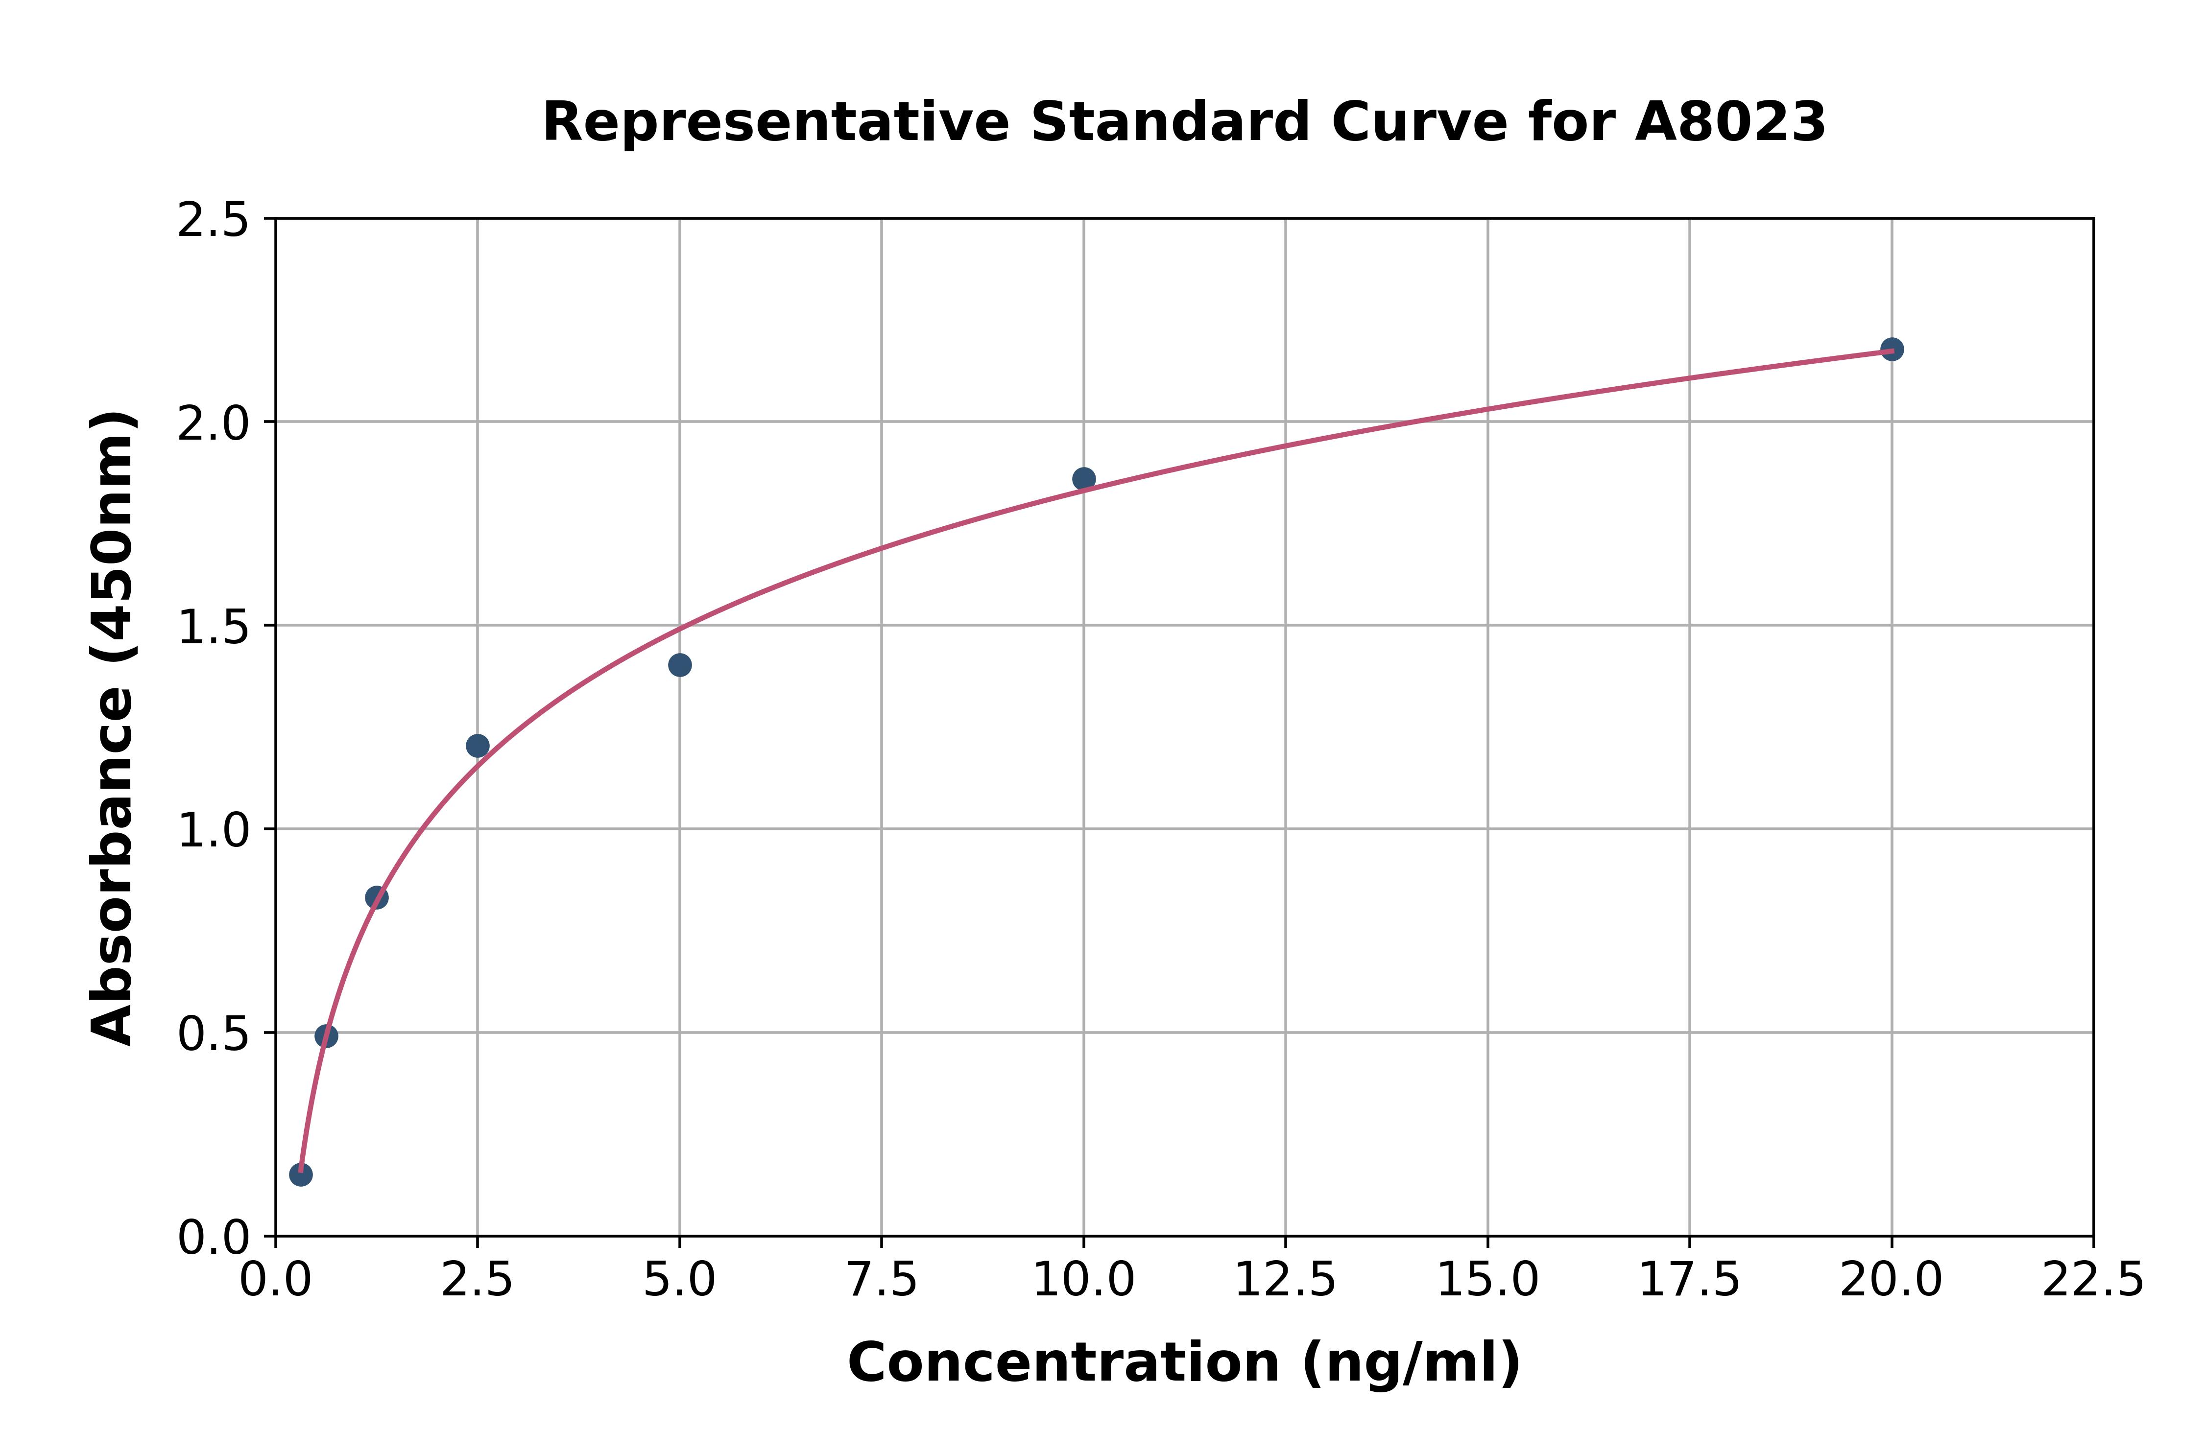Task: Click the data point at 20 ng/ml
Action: click(1892, 350)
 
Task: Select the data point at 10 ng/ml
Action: click(1083, 478)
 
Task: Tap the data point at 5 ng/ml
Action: click(680, 665)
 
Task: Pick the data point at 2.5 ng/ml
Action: click(478, 746)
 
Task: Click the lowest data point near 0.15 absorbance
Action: click(301, 1175)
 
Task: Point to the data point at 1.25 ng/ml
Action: click(377, 898)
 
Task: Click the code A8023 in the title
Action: click(1730, 122)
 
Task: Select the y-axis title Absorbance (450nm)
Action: click(113, 728)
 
